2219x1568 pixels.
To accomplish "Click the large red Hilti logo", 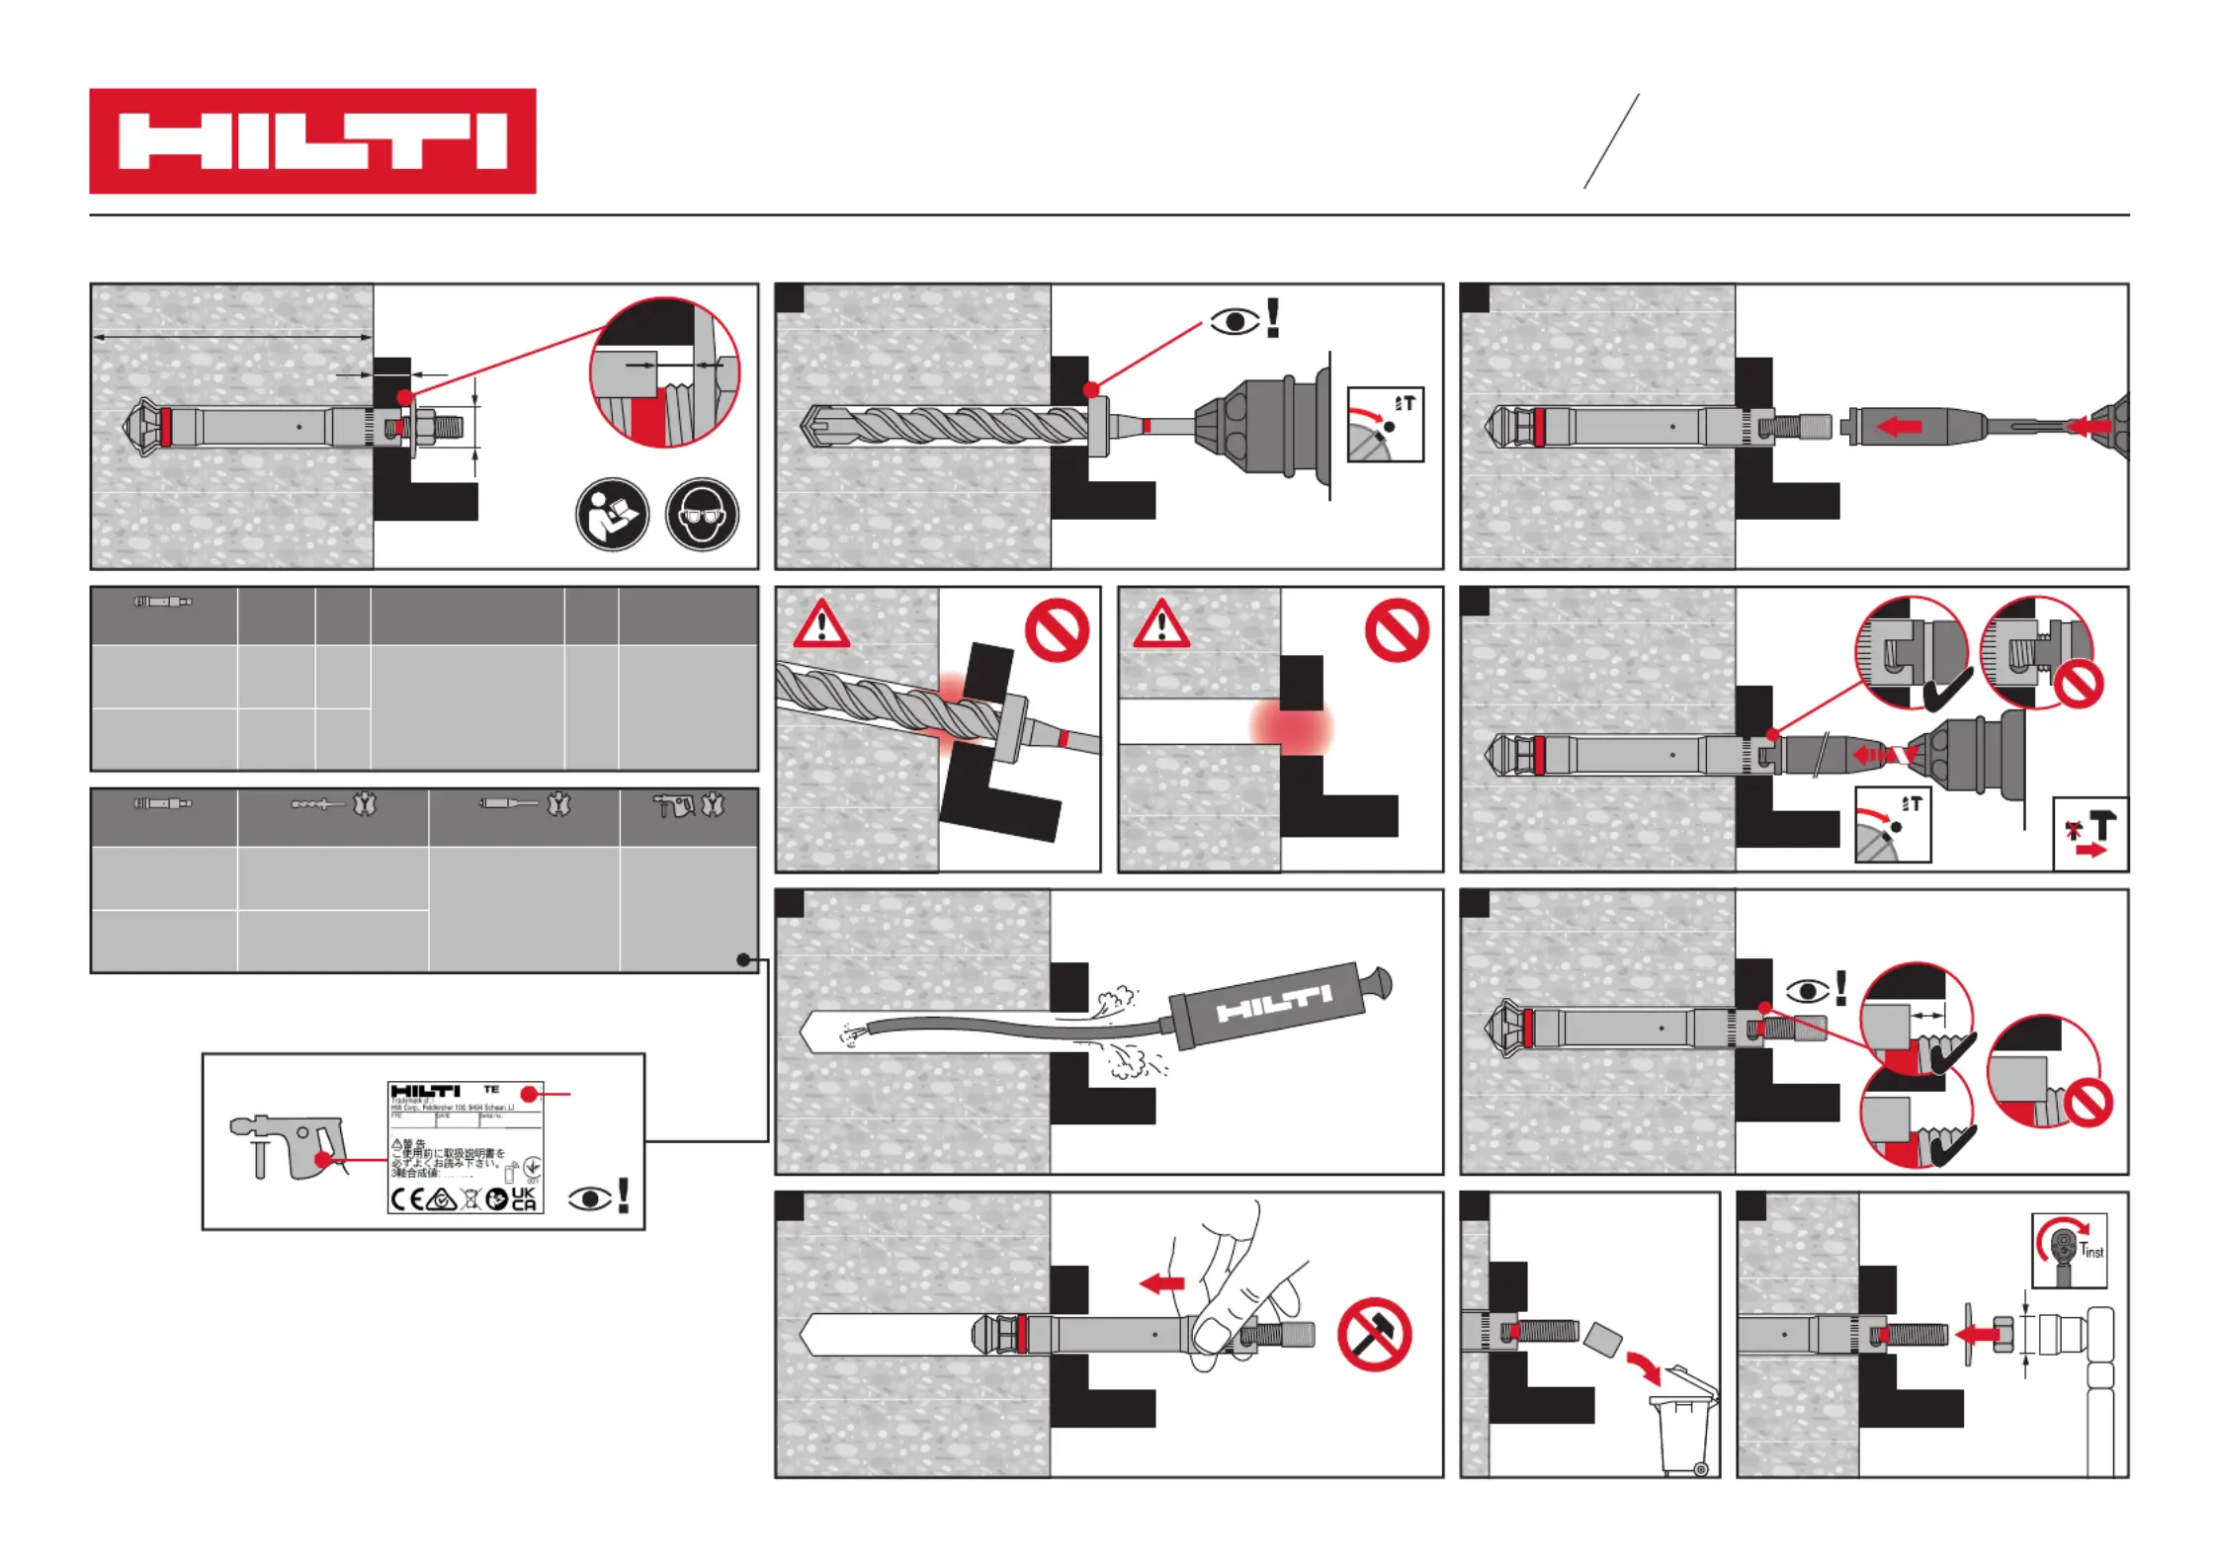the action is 312,140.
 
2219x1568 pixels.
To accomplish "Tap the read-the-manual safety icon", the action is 612,514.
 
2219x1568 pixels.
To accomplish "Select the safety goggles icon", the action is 702,514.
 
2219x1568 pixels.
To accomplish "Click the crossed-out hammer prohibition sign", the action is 1374,1334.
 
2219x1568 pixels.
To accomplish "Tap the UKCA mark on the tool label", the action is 524,1198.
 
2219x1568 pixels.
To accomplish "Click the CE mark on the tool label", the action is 405,1199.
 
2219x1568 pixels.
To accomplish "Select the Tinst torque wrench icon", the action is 2068,1250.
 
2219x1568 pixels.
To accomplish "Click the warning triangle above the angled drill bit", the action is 820,624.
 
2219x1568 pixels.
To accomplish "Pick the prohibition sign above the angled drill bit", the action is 1057,630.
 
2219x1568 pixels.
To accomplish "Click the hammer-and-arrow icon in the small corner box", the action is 2090,835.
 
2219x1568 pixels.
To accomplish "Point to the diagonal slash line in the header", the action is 1611,140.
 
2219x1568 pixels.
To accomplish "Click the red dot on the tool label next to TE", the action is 530,1094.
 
